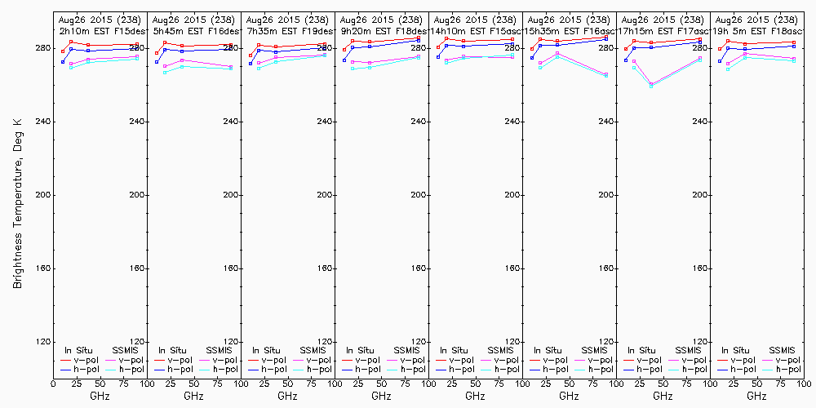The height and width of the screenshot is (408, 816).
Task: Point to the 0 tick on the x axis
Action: coord(53,381)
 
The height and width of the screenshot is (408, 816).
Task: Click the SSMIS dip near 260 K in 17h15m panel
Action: coord(651,85)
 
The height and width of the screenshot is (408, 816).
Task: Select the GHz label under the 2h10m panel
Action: coord(100,396)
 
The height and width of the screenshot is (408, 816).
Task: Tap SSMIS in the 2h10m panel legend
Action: coord(126,350)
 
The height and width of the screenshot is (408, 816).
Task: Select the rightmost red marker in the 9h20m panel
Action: coord(419,38)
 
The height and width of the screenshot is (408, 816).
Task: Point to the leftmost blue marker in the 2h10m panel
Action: coord(63,62)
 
